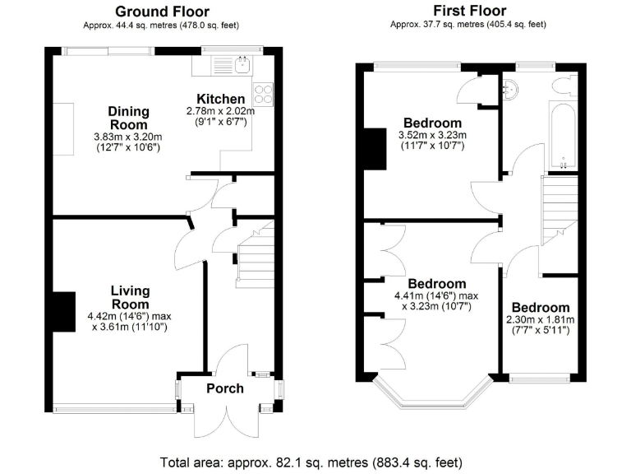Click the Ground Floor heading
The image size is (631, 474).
(161, 12)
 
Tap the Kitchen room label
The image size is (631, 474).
(220, 99)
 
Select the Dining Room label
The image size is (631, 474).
(129, 118)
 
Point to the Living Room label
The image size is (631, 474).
(131, 297)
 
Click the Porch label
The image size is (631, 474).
(224, 388)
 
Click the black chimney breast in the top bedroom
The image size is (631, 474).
(373, 149)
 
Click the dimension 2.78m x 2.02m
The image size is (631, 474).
(220, 111)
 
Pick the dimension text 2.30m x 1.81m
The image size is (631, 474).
(539, 320)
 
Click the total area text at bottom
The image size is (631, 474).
(315, 461)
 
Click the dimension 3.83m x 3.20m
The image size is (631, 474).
(128, 137)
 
